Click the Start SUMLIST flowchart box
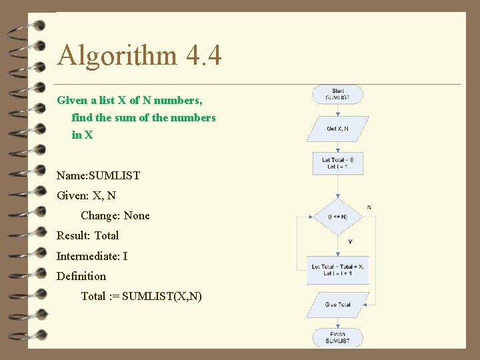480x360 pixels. (338, 94)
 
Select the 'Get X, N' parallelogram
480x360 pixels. (337, 129)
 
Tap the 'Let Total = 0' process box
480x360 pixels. (338, 163)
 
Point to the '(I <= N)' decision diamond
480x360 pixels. (338, 216)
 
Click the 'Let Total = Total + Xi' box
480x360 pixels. (337, 270)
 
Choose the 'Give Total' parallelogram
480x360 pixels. (337, 305)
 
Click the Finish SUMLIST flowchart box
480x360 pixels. (338, 337)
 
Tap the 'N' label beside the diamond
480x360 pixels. (369, 207)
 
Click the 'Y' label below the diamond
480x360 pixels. (350, 241)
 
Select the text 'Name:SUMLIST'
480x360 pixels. (98, 175)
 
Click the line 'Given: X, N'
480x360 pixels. (86, 195)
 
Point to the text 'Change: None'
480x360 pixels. (115, 215)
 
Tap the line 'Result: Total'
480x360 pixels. (87, 235)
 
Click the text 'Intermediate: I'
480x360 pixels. (92, 256)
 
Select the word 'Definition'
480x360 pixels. (81, 276)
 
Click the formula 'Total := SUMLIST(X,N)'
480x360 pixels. (141, 296)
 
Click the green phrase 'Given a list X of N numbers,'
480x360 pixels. (129, 100)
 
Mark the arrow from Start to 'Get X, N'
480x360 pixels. (338, 110)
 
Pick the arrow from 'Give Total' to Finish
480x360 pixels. (338, 323)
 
